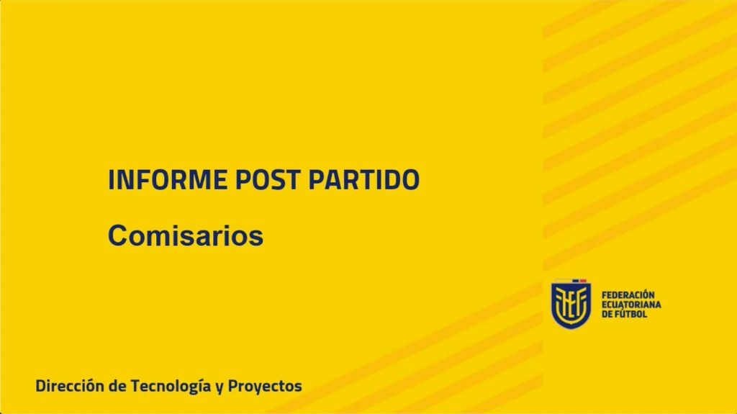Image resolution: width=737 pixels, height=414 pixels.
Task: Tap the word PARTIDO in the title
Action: point(363,179)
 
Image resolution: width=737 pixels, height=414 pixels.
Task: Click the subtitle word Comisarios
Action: point(186,235)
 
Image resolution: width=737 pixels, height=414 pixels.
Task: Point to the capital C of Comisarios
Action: point(118,235)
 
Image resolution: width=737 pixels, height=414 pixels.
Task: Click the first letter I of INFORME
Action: point(112,179)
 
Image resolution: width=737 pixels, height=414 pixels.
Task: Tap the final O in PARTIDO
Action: point(410,179)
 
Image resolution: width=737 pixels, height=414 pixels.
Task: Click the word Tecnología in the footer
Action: point(170,387)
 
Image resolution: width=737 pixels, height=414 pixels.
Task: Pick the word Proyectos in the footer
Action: point(265,387)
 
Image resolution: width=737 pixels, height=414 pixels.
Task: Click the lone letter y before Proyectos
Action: point(220,388)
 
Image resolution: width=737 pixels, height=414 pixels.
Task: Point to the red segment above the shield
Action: point(583,281)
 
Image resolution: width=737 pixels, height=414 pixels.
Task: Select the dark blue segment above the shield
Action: point(575,281)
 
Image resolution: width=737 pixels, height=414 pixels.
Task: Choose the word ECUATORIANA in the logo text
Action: point(631,305)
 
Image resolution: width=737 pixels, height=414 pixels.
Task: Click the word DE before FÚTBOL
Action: point(607,314)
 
